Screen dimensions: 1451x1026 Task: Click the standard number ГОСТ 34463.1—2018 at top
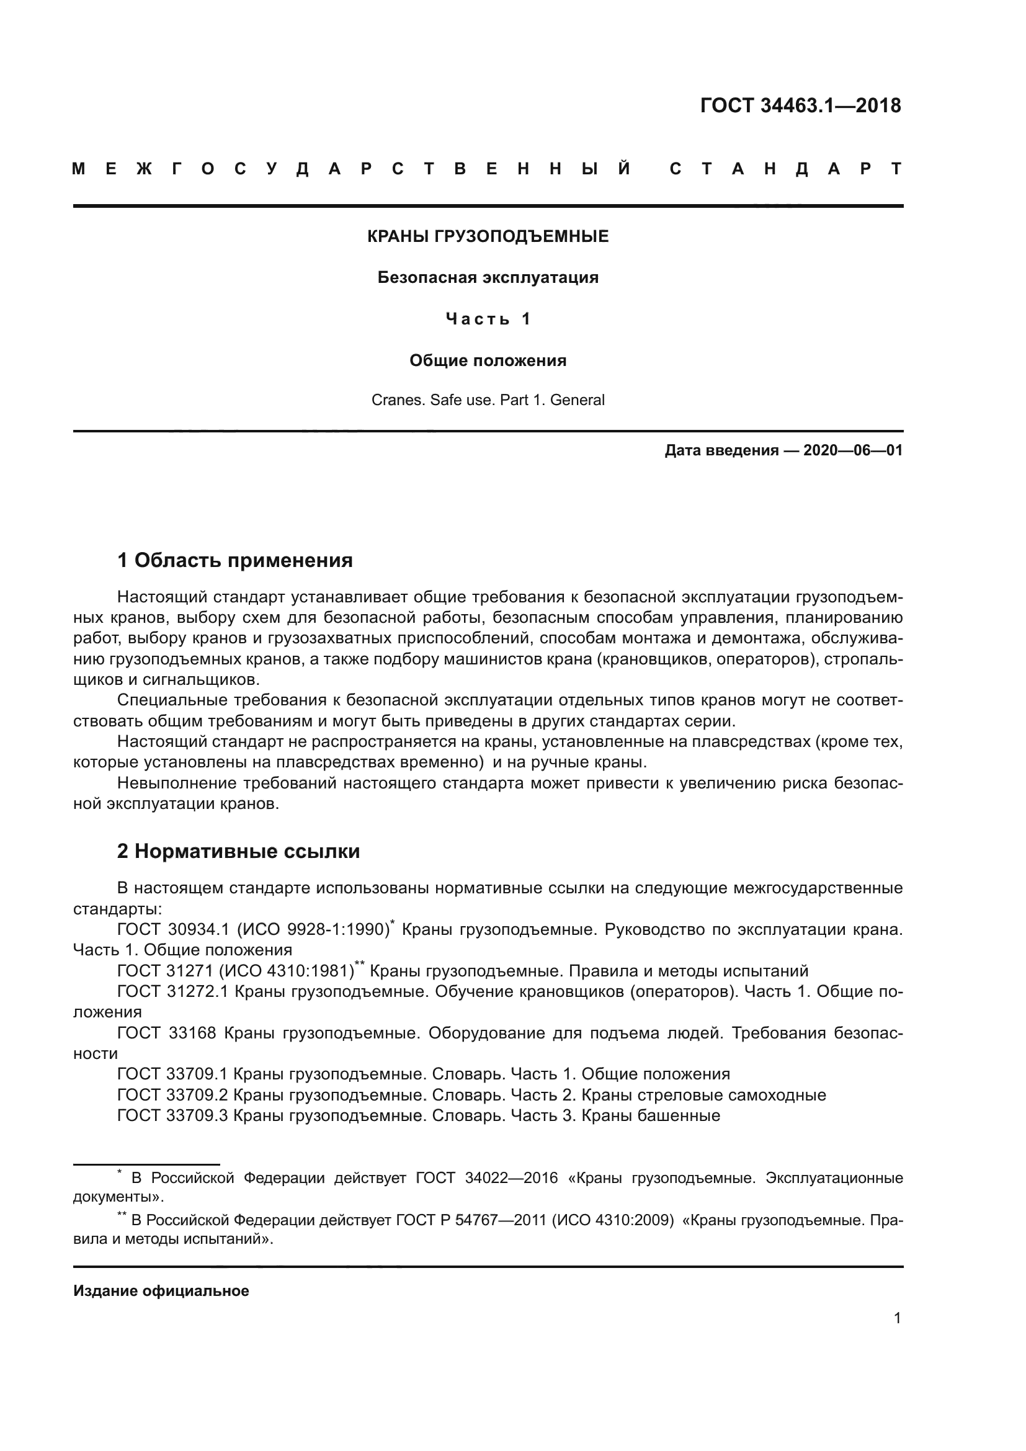[800, 105]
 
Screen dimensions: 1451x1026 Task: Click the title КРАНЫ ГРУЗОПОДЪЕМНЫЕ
[488, 236]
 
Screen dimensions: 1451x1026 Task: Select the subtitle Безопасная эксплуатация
[488, 277]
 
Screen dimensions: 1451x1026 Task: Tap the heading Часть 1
[488, 319]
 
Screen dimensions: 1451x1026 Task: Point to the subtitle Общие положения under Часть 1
[488, 361]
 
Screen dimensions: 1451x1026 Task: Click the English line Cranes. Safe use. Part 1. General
[488, 400]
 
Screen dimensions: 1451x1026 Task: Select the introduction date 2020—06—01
[852, 450]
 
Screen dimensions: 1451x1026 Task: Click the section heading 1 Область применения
[235, 560]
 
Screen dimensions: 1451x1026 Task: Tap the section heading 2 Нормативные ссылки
[238, 851]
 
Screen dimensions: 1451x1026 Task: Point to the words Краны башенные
[650, 1115]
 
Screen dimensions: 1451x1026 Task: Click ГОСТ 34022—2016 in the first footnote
[486, 1178]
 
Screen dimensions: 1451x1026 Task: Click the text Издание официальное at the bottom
[161, 1291]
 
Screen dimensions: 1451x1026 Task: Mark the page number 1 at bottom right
[897, 1318]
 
